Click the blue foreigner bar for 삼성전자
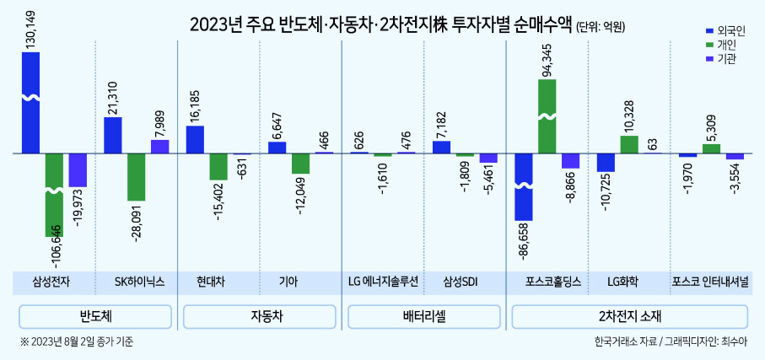click(x=30, y=103)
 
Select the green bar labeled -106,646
click(x=54, y=195)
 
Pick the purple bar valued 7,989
click(x=159, y=147)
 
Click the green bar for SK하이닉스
click(x=136, y=177)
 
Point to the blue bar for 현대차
click(x=195, y=139)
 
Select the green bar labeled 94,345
click(x=547, y=116)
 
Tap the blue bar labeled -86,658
click(x=524, y=187)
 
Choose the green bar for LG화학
click(x=629, y=145)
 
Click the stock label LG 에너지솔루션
click(x=384, y=282)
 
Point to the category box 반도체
click(x=95, y=317)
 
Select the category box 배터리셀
click(x=424, y=317)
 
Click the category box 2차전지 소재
click(x=629, y=317)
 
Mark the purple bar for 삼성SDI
click(x=488, y=158)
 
